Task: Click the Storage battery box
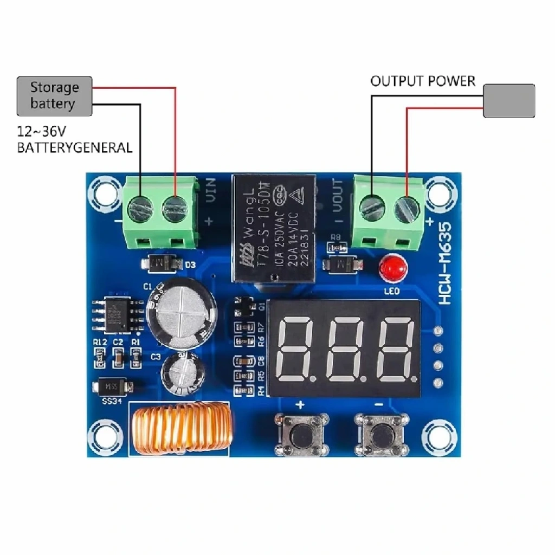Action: (54, 96)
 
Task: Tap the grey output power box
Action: (509, 100)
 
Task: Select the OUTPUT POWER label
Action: (423, 81)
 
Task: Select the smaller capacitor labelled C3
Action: (182, 372)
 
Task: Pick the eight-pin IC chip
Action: (117, 314)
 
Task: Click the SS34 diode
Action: (112, 387)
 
